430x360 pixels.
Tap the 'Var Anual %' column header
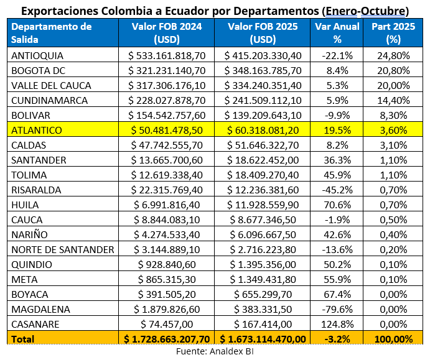[x=337, y=32]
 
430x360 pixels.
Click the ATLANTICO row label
[x=37, y=130]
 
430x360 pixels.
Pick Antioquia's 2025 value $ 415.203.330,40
[x=263, y=55]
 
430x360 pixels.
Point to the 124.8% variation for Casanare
[x=337, y=324]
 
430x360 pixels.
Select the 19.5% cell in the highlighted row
[x=337, y=130]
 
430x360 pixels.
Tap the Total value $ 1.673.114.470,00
[x=263, y=339]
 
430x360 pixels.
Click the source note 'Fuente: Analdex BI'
[x=215, y=351]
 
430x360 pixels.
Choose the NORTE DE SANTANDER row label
[x=63, y=249]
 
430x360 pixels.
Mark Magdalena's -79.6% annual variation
[x=337, y=309]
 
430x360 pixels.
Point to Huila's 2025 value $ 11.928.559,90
[x=263, y=205]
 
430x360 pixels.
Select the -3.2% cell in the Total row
[x=337, y=339]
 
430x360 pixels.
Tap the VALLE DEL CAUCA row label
[x=51, y=85]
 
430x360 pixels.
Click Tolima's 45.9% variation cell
[x=337, y=175]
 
